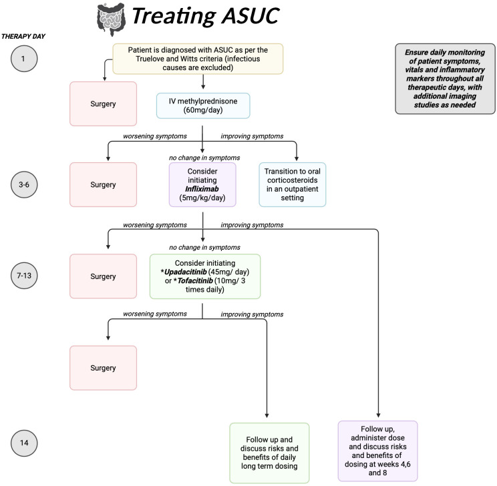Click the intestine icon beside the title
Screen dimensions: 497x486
pos(111,19)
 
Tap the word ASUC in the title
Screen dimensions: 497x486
pos(251,15)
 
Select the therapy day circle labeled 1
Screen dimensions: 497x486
pos(24,59)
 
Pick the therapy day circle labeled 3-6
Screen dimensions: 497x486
pos(24,184)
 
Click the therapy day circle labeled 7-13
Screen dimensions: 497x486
pos(24,275)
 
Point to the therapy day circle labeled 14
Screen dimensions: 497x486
pos(24,443)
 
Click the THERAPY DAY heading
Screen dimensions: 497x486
pos(23,37)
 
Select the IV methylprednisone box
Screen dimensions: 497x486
pos(203,106)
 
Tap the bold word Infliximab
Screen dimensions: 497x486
pos(202,189)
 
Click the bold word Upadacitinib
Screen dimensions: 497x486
pos(186,272)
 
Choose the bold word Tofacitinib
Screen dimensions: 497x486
pos(195,280)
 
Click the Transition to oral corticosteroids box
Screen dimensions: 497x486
pos(292,185)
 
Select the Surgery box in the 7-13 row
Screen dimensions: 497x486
pos(103,276)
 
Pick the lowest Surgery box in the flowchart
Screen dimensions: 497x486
pos(103,368)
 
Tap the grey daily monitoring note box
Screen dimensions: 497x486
pos(445,79)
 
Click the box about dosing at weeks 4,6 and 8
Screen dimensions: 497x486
pos(378,451)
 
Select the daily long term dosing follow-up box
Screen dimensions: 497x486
pos(269,453)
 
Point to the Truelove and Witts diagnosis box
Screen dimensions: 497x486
pos(198,59)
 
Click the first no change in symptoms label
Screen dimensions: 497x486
pos(204,158)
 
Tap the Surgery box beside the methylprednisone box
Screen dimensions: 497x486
pos(103,104)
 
